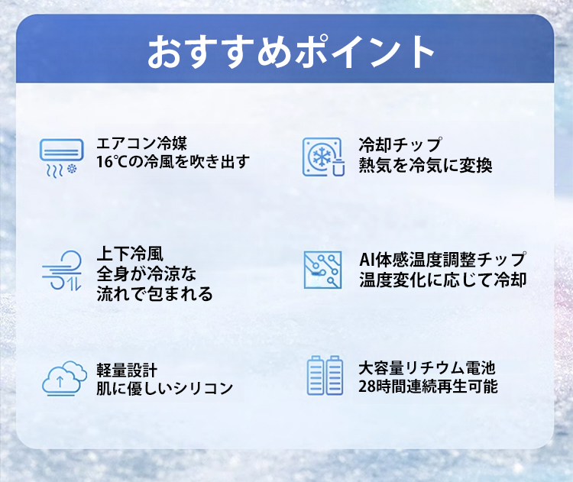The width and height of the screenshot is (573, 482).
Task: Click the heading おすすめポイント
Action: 291,52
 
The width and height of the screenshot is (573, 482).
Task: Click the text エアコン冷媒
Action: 142,144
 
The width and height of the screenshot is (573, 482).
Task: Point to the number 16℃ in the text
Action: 112,161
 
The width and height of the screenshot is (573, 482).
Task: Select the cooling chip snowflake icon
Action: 323,157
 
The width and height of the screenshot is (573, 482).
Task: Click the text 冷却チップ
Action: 400,144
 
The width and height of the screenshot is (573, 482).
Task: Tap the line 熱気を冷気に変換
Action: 426,165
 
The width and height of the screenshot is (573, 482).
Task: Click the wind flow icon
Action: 61,270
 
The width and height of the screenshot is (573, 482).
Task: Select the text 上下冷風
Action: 130,254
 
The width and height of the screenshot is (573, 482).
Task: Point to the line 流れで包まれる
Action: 154,293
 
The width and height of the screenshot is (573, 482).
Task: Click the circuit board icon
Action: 322,270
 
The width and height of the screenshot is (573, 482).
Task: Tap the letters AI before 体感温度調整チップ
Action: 366,260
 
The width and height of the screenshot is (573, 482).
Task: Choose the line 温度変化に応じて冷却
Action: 442,280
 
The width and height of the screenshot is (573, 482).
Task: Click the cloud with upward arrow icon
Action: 64,379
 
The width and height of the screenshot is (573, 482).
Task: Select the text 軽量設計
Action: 127,370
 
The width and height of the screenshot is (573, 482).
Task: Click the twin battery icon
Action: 325,375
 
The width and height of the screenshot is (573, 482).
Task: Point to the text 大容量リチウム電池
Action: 426,368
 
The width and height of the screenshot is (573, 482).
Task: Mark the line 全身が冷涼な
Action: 146,273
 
